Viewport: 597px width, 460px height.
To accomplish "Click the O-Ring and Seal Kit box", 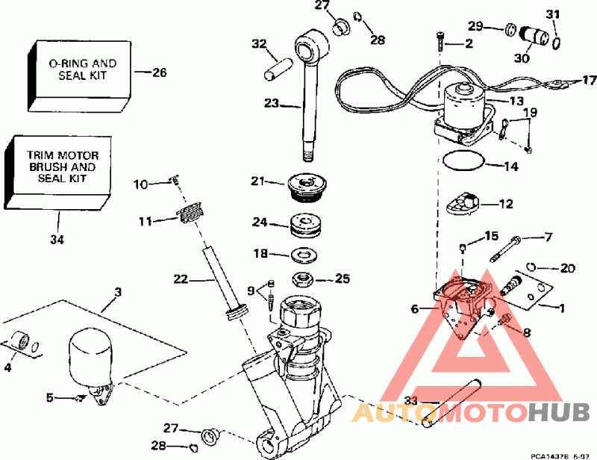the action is point(78,72).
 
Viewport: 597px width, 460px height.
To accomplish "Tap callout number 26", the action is point(159,72).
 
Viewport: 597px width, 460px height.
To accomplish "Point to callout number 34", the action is point(57,240).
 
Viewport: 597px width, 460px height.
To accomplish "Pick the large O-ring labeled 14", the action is point(463,161).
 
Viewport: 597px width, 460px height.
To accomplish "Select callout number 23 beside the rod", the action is point(270,104).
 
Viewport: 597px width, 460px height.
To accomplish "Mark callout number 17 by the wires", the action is point(589,80).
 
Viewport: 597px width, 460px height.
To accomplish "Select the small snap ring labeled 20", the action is point(531,265).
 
